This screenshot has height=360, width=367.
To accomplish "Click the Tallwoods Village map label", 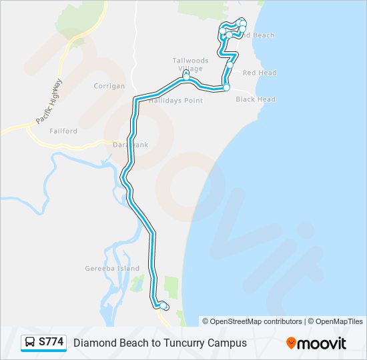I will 190,65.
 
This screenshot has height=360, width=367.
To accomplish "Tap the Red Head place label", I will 259,73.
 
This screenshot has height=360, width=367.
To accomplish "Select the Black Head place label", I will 255,99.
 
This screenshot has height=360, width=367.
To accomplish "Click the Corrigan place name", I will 109,86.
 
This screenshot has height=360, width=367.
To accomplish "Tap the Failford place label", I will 63,131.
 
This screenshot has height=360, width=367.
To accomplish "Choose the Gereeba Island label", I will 113,269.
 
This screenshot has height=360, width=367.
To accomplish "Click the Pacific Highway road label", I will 49,101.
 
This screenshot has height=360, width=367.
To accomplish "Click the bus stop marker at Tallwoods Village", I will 187,77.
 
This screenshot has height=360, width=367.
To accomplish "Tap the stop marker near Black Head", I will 226,87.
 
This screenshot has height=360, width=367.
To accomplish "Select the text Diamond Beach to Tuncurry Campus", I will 159,343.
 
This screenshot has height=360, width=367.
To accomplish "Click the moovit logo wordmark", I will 322,343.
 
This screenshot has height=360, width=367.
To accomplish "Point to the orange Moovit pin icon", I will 291,343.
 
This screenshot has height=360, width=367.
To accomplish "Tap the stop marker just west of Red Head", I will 230,66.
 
